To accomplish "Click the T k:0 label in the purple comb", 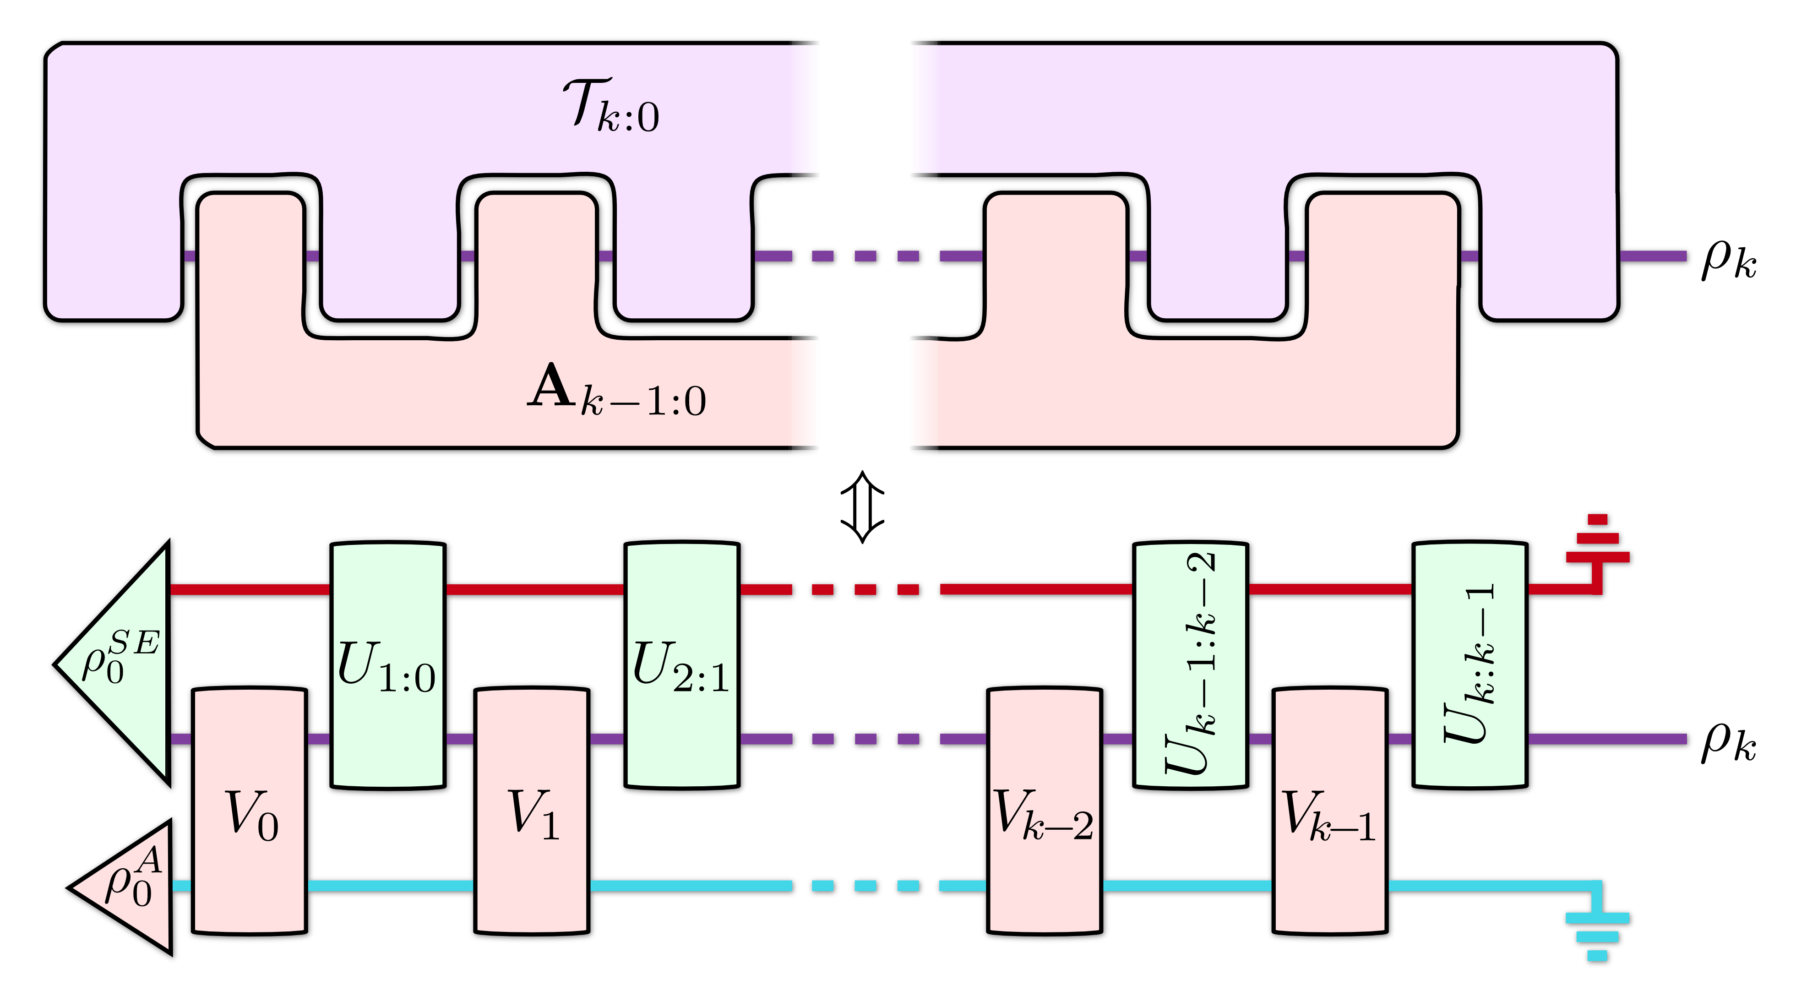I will [610, 106].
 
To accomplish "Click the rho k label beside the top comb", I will [1728, 260].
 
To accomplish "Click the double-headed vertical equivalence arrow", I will [862, 506].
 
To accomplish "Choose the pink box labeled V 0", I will [251, 812].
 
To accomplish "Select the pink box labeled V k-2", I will [1045, 812].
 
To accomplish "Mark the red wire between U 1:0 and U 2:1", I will [533, 590].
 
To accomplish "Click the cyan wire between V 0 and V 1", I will [391, 886].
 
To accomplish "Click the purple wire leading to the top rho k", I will [1656, 256].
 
